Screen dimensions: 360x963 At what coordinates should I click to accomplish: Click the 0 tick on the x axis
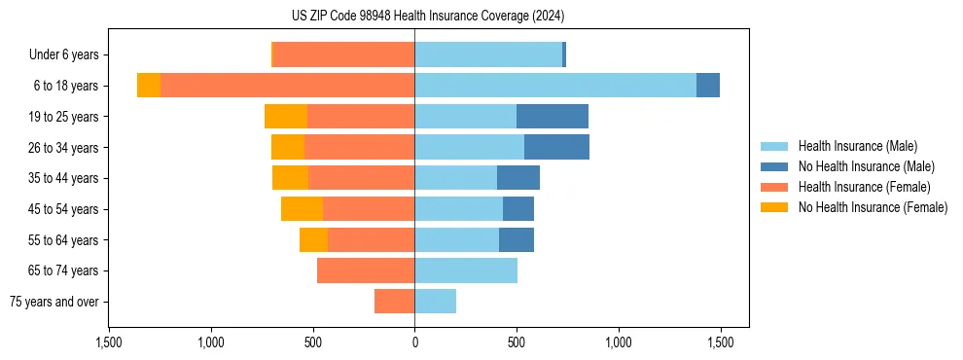(x=414, y=342)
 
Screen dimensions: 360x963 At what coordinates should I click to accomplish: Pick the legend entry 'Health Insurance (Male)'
(x=856, y=146)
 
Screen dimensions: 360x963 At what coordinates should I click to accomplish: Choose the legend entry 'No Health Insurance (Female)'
(x=872, y=207)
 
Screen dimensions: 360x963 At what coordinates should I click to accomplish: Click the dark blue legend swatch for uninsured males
(x=775, y=166)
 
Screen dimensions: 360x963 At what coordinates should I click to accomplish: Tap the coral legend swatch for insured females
(x=775, y=187)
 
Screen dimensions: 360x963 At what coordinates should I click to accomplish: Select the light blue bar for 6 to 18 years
(x=554, y=86)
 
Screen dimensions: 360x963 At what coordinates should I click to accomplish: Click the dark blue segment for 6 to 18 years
(x=708, y=86)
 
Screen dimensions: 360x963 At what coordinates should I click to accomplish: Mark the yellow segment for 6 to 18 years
(x=149, y=86)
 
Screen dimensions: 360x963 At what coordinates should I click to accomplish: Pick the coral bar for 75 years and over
(x=394, y=302)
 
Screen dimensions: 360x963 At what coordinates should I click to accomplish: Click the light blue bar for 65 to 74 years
(x=466, y=270)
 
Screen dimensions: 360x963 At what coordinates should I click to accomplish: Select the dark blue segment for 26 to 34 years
(x=556, y=147)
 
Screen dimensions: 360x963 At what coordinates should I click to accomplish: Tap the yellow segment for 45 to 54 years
(x=302, y=209)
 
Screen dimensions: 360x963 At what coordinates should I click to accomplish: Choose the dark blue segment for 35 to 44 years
(x=518, y=178)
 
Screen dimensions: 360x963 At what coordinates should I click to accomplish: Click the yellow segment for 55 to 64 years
(x=313, y=240)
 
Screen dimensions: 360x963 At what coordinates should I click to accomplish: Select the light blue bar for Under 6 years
(x=488, y=54)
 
